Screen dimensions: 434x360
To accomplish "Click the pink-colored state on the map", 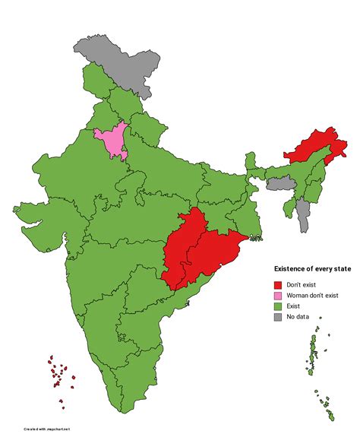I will click(x=111, y=142).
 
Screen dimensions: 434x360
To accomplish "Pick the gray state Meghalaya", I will click(x=279, y=183).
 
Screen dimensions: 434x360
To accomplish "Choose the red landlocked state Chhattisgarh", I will click(x=186, y=243).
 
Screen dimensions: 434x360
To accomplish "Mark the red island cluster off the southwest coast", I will click(x=58, y=372).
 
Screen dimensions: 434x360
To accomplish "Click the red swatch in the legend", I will click(x=278, y=284).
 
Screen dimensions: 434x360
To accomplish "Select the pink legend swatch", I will click(x=278, y=295).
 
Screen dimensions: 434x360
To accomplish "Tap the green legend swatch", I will click(x=278, y=306).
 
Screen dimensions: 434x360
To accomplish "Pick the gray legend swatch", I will click(x=278, y=317).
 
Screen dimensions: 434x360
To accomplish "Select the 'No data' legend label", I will click(x=298, y=317).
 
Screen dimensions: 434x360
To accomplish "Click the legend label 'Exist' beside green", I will click(x=295, y=306).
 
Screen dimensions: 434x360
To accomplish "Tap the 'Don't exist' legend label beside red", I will click(x=302, y=284).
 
